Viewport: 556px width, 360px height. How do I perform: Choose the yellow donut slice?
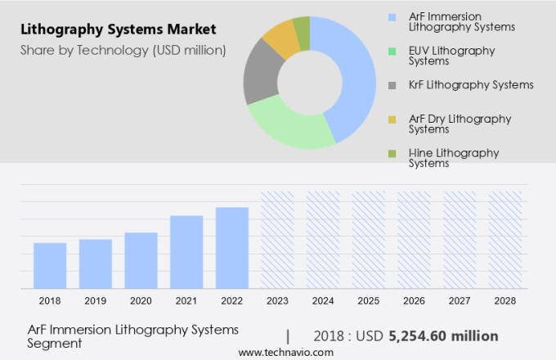coord(281,38)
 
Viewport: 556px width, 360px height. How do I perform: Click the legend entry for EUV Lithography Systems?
coord(451,56)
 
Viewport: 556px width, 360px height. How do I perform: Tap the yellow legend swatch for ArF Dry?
coord(392,119)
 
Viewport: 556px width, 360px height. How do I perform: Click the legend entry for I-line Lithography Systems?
coord(451,157)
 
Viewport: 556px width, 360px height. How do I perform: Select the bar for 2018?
coord(50,265)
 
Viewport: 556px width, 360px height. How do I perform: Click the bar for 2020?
coord(141,260)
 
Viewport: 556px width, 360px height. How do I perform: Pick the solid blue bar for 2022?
coord(231,247)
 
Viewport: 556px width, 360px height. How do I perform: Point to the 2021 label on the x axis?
coord(186,301)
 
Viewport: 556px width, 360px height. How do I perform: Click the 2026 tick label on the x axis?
coord(414,301)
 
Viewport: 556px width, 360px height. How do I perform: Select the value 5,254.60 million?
coord(443,335)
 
